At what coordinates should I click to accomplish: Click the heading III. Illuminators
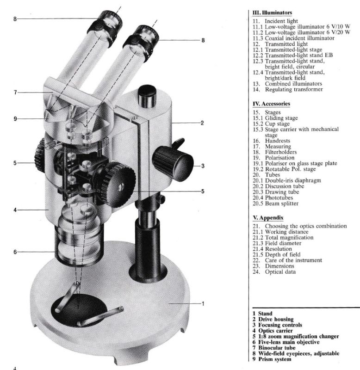tap(272, 13)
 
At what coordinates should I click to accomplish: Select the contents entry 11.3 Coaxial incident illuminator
tap(293, 38)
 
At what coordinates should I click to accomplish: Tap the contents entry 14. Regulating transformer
tap(287, 89)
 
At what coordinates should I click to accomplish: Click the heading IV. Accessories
tap(271, 104)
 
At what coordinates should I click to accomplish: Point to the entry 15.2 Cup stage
tap(271, 124)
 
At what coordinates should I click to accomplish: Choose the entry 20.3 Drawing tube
tap(276, 192)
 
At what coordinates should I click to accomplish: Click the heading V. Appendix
tap(268, 217)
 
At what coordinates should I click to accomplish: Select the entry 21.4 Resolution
tap(272, 249)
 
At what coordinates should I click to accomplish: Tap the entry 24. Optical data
tap(274, 272)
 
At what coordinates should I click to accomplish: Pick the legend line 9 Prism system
tap(272, 359)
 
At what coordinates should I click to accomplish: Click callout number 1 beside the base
tap(203, 304)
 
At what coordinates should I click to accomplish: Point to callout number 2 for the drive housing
tap(202, 123)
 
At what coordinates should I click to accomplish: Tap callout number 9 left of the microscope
tap(15, 119)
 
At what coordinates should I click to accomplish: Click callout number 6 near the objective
tap(15, 252)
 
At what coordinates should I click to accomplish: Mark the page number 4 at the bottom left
tap(15, 368)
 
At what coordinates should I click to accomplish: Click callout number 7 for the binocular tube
tap(15, 92)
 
